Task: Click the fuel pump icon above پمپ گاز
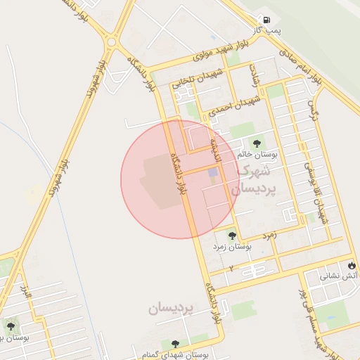pyautogui.click(x=266, y=20)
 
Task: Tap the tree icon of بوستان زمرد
pyautogui.click(x=233, y=236)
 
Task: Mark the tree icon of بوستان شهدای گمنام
pyautogui.click(x=174, y=343)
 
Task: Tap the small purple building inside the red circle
pyautogui.click(x=212, y=173)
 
